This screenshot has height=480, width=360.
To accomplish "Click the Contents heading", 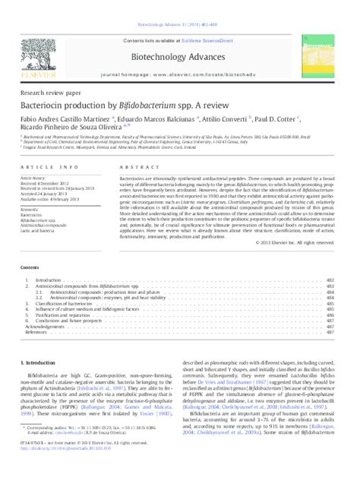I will coord(32,269).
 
